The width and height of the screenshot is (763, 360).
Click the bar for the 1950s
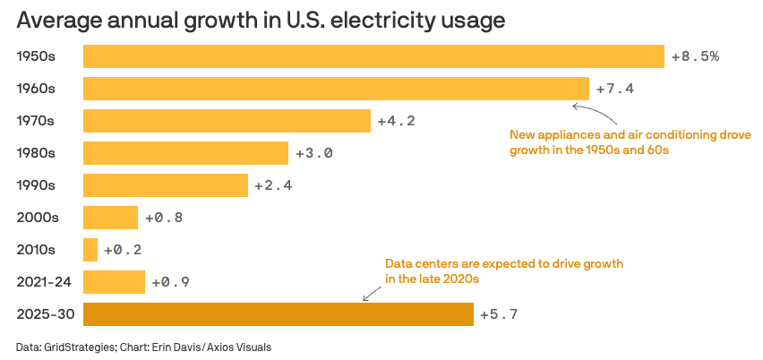[x=373, y=56]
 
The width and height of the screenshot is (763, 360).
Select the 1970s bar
[x=227, y=121]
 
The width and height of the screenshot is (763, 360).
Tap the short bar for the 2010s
[x=90, y=250]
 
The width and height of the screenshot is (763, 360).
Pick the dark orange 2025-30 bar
[x=278, y=314]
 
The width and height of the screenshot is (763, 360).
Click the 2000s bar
[x=110, y=218]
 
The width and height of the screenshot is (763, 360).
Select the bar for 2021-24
[x=114, y=282]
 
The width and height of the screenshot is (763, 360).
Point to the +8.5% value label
[x=695, y=56]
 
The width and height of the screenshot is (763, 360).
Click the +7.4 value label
[x=613, y=89]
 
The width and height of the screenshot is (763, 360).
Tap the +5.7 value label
[x=498, y=314]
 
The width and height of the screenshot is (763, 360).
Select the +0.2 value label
[x=123, y=250]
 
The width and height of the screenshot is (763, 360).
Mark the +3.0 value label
[x=313, y=153]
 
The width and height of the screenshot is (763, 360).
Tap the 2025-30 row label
[x=45, y=314]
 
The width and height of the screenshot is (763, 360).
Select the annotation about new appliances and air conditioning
[x=630, y=142]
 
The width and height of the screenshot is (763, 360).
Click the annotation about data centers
[x=503, y=271]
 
